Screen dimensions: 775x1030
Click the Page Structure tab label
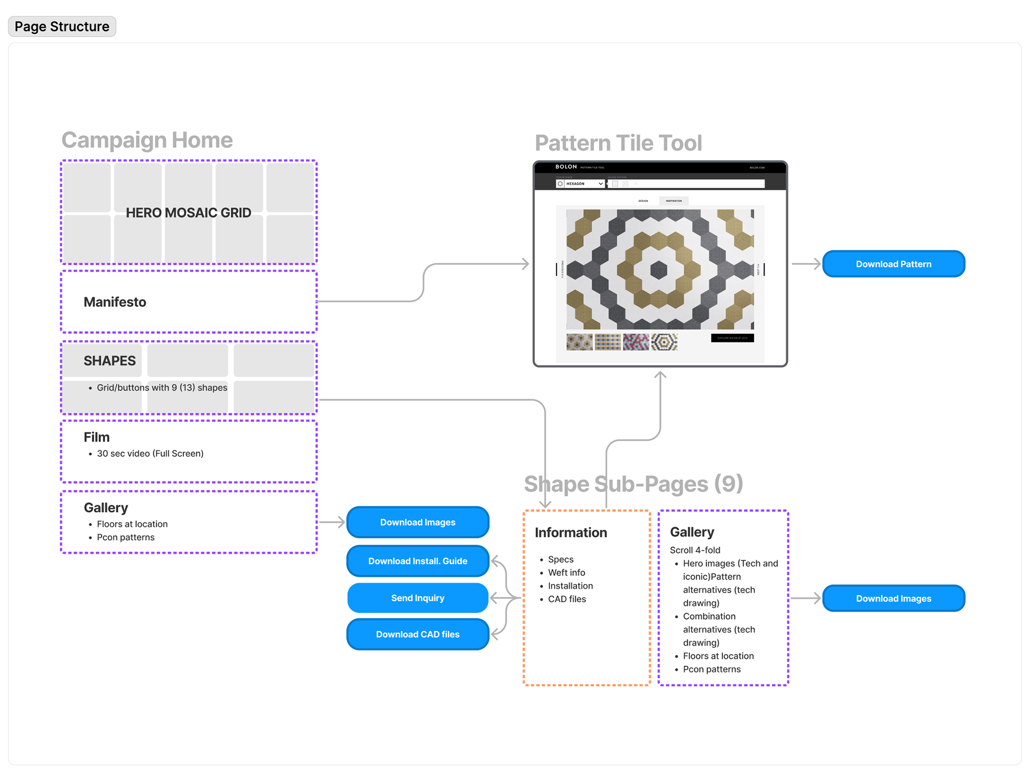pyautogui.click(x=62, y=26)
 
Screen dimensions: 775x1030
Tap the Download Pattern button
pyautogui.click(x=893, y=264)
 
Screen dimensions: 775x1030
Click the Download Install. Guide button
pyautogui.click(x=417, y=561)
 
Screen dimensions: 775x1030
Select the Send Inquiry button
pyautogui.click(x=417, y=598)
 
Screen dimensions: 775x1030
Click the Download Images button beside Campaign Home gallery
pyautogui.click(x=417, y=522)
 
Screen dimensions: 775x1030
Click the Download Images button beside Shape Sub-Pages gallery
pyautogui.click(x=893, y=598)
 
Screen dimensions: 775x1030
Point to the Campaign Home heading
pyautogui.click(x=147, y=140)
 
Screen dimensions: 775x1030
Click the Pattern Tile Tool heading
pyautogui.click(x=618, y=143)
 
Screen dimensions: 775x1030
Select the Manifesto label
pyautogui.click(x=115, y=302)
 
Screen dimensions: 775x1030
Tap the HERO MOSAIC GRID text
pyautogui.click(x=188, y=213)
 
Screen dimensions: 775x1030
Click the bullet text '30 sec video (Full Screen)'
pyautogui.click(x=150, y=454)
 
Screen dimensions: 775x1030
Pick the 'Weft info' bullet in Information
pyautogui.click(x=566, y=573)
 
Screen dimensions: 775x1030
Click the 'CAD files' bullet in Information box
pyautogui.click(x=567, y=599)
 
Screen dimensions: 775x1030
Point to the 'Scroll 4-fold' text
pyautogui.click(x=695, y=550)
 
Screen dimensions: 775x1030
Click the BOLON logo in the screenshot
pyautogui.click(x=566, y=167)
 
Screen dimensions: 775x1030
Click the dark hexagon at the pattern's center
pyautogui.click(x=659, y=269)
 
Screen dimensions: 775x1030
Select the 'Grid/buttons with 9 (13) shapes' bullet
pyautogui.click(x=162, y=387)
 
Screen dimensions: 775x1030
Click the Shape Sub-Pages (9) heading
pyautogui.click(x=633, y=484)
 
